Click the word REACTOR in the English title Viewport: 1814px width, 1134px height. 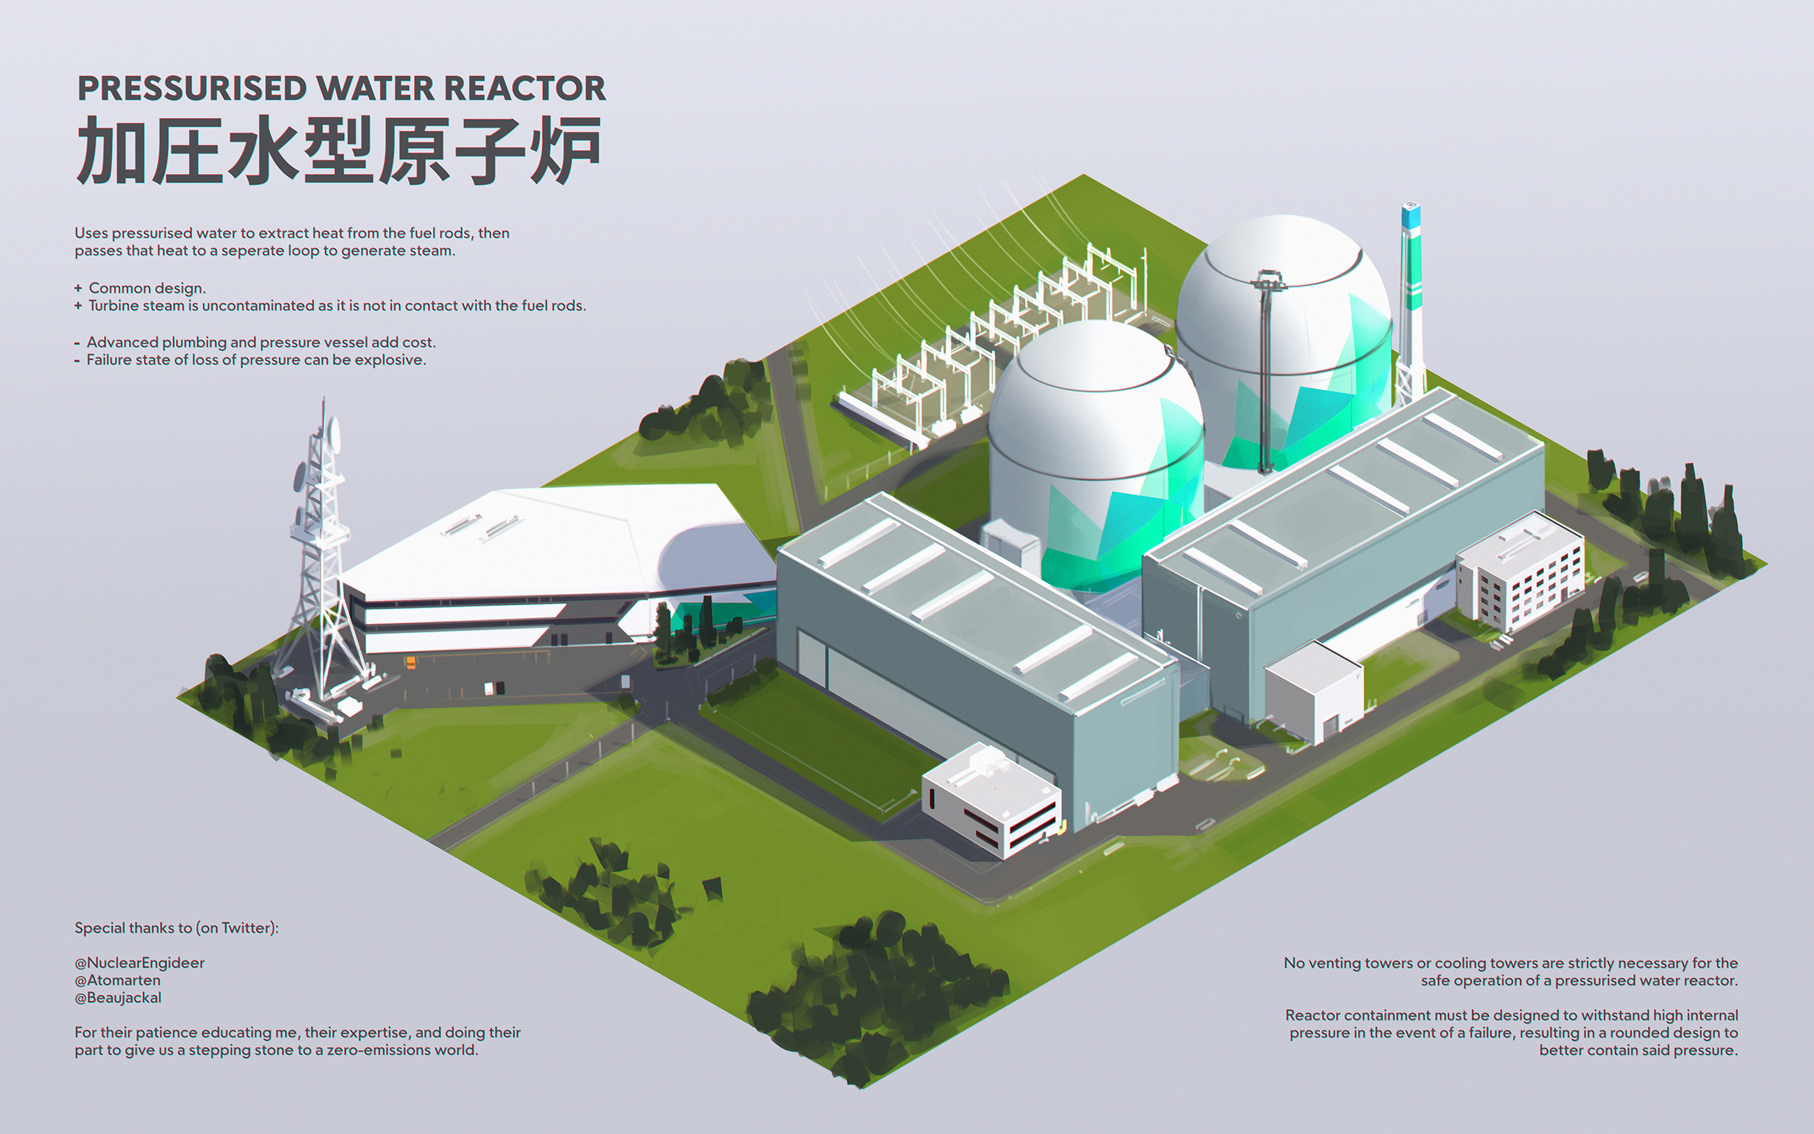coord(525,89)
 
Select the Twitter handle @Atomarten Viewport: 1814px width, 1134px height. coord(118,980)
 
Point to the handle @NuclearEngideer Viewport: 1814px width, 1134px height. coord(140,963)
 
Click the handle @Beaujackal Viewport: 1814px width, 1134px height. coord(118,998)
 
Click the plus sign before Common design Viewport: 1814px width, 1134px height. coord(78,288)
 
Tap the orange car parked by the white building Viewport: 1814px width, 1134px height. coord(410,662)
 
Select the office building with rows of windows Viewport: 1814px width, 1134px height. coord(1522,574)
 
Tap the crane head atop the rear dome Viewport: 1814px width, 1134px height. coord(1269,281)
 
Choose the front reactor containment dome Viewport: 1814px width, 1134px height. coord(1096,450)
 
